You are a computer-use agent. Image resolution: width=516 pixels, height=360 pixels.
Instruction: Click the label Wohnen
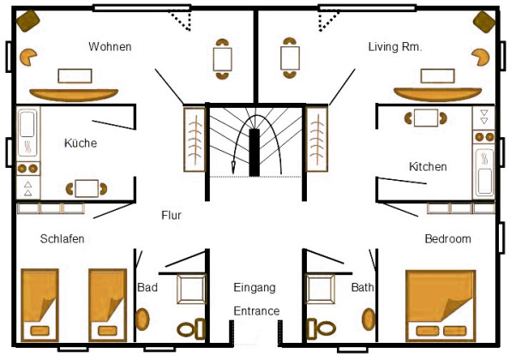[x=110, y=46]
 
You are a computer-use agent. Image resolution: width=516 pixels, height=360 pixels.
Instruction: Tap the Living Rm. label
[x=394, y=46]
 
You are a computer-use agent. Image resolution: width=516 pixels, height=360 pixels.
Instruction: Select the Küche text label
[x=81, y=143]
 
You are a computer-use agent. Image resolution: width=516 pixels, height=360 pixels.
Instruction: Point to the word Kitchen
[x=428, y=166]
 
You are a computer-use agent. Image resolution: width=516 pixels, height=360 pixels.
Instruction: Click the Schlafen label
[x=62, y=238]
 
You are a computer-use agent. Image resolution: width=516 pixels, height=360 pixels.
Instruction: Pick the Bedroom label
[x=447, y=238]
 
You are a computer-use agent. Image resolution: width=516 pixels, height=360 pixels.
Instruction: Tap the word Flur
[x=171, y=216]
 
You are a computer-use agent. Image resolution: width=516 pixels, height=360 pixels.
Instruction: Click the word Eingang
[x=255, y=287]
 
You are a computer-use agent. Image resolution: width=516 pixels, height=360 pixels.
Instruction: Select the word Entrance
[x=257, y=310]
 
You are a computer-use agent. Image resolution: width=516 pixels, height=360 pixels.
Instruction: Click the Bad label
[x=147, y=288]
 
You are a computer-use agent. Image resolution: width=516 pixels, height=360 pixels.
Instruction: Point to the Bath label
[x=362, y=288]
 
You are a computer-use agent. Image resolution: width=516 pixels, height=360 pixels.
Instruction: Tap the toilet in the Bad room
[x=191, y=328]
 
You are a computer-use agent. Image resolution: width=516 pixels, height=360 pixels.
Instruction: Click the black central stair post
[x=255, y=153]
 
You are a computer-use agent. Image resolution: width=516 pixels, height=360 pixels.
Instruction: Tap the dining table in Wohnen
[x=223, y=59]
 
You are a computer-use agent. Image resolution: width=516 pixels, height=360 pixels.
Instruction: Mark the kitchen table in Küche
[x=87, y=189]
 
